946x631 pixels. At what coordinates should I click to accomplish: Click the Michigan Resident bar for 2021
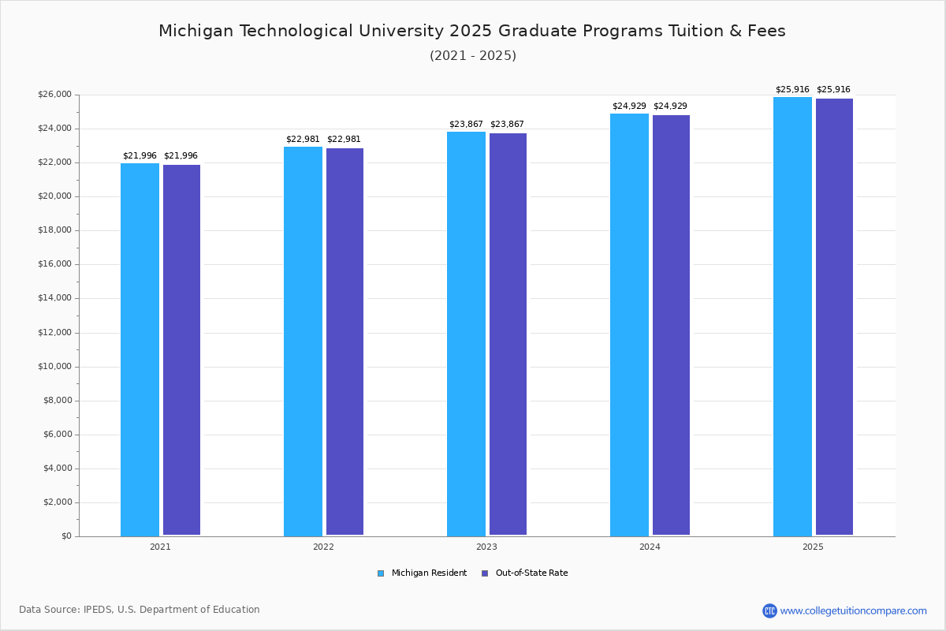140,349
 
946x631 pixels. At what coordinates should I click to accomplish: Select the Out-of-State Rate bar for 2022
345,342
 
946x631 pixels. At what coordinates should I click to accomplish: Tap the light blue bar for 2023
466,334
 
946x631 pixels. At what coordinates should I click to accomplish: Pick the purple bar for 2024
671,325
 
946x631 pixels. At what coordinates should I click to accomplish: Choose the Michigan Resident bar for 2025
792,316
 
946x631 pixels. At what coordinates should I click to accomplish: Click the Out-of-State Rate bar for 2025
834,317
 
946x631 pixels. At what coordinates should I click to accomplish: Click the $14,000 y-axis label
54,298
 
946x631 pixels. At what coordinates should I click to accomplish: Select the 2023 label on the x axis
486,547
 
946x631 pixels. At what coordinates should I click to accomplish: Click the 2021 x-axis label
160,547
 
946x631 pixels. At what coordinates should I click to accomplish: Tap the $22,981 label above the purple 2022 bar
344,140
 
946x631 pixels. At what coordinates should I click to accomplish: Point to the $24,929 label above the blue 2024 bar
629,106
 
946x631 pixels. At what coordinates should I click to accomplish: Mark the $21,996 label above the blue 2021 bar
140,156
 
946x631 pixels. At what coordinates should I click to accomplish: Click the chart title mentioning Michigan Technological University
472,32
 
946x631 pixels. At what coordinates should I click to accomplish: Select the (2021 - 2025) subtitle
473,56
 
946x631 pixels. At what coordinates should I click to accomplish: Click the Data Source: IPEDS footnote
140,610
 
